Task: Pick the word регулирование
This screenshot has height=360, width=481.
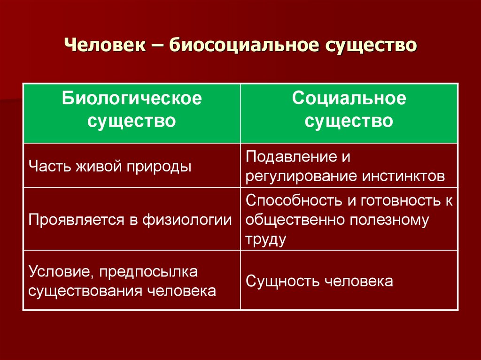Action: (301, 176)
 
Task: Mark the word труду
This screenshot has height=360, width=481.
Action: (265, 239)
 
